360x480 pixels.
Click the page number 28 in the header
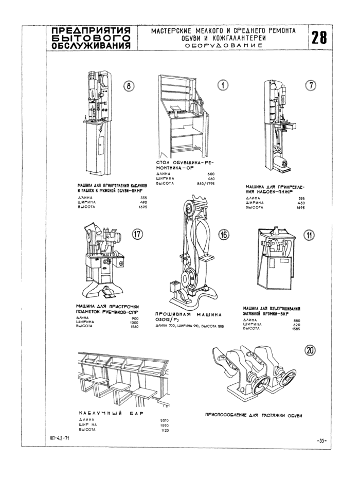point(319,38)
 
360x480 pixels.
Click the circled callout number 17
point(137,235)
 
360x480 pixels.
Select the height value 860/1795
point(205,184)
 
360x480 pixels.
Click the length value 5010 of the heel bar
point(165,420)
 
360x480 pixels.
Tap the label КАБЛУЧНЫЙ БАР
point(110,413)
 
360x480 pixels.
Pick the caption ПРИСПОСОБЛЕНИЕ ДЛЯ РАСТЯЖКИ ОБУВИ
point(253,415)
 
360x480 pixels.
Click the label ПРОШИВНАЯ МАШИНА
point(188,314)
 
